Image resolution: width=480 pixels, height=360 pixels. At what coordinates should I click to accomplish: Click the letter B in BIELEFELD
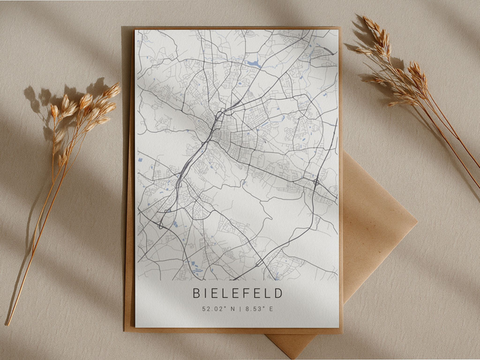(196, 293)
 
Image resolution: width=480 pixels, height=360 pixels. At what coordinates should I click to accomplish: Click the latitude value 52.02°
(213, 308)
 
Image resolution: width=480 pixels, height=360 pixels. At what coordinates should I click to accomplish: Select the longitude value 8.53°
(253, 308)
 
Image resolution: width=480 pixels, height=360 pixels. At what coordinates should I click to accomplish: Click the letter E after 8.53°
(271, 308)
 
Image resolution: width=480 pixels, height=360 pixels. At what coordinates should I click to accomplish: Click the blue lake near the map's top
(254, 64)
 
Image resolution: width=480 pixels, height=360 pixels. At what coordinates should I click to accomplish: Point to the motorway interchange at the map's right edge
(317, 183)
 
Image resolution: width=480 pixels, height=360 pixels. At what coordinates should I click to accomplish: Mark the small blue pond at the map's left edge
(139, 160)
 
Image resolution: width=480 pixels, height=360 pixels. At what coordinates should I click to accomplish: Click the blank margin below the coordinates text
(236, 320)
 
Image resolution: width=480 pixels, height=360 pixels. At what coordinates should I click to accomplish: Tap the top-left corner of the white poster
(136, 31)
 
